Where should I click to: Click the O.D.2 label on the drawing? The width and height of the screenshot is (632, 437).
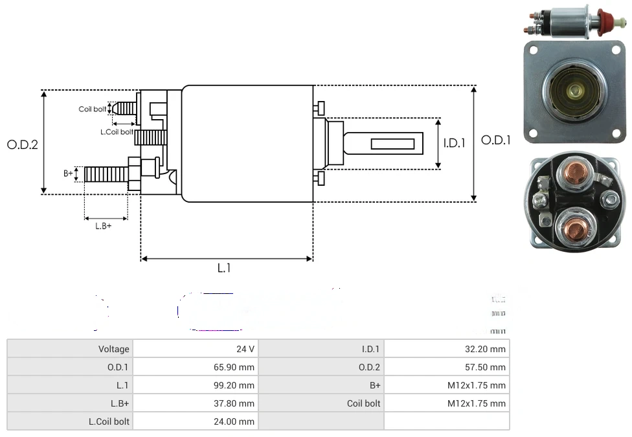(23, 144)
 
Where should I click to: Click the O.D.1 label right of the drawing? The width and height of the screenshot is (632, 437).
(496, 140)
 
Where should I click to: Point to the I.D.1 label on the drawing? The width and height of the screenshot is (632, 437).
(454, 143)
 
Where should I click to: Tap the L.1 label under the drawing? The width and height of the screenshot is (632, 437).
(224, 268)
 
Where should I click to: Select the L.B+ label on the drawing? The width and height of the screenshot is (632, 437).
(104, 226)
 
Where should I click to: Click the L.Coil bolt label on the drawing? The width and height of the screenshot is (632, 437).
(117, 132)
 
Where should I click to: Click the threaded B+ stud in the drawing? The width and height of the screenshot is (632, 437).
(107, 174)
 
